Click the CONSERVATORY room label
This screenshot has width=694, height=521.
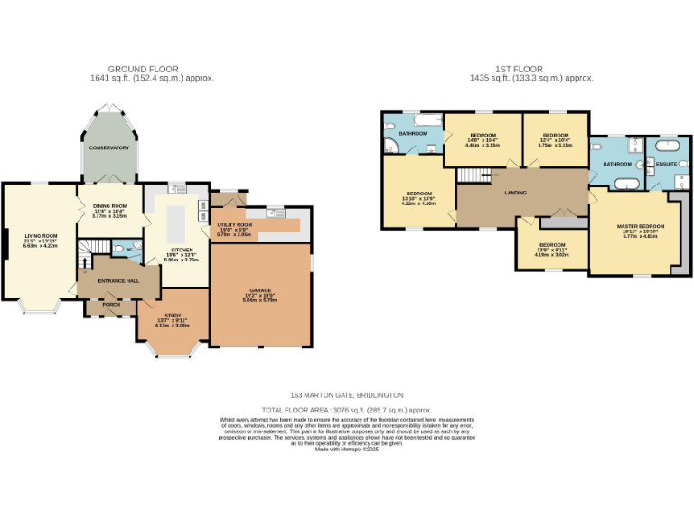(x=109, y=147)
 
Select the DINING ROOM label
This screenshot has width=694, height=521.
(x=109, y=206)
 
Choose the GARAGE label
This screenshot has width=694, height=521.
(x=260, y=289)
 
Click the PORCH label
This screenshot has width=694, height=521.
(x=111, y=304)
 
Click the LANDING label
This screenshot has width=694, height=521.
(x=516, y=191)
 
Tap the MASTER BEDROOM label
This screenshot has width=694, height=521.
(x=641, y=225)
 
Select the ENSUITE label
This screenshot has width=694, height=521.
(x=666, y=164)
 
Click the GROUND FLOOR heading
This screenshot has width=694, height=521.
(x=143, y=69)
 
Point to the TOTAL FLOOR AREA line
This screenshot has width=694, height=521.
(x=346, y=410)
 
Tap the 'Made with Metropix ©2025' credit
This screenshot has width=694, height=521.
(x=346, y=450)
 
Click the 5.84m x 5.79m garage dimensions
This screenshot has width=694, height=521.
(x=260, y=301)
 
